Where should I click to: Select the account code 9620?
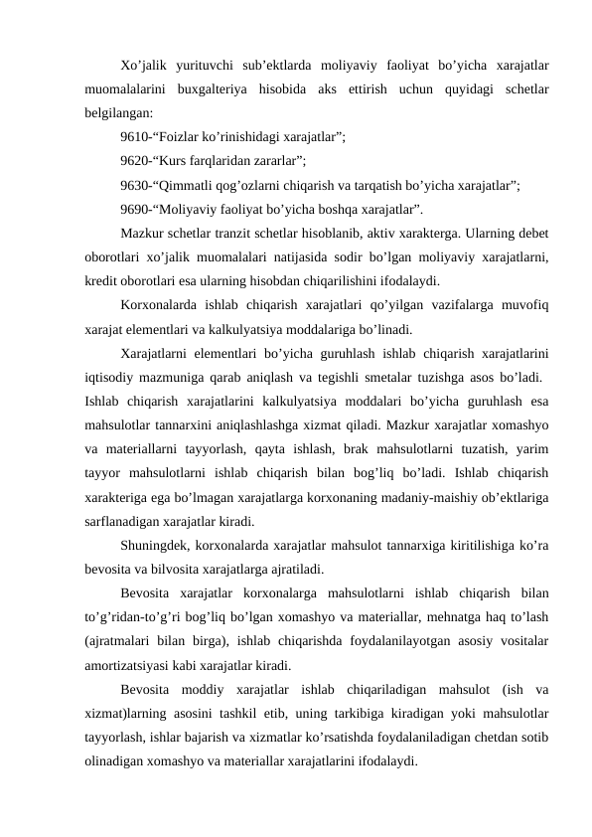[133, 161]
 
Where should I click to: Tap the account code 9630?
[133, 185]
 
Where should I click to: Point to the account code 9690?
[133, 210]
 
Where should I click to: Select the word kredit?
[101, 281]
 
